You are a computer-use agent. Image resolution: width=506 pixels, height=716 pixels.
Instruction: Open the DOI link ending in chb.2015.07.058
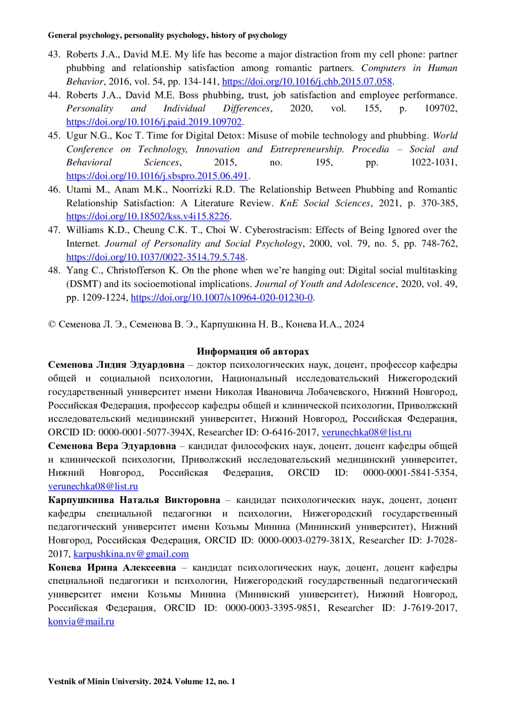pyautogui.click(x=307, y=81)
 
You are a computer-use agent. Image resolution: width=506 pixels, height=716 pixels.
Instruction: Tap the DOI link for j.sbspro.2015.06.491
pyautogui.click(x=157, y=176)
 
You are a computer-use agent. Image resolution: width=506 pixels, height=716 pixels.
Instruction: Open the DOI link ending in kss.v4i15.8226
pyautogui.click(x=148, y=216)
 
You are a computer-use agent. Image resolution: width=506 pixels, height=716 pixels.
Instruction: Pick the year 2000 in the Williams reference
pyautogui.click(x=320, y=243)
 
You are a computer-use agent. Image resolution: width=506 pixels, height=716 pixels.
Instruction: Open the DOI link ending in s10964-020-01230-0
pyautogui.click(x=222, y=297)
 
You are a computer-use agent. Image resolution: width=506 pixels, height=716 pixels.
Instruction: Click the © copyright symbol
pyautogui.click(x=52, y=324)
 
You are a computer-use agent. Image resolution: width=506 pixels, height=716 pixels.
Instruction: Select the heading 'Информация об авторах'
pyautogui.click(x=253, y=351)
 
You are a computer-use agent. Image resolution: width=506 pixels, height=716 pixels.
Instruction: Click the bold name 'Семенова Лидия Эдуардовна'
pyautogui.click(x=116, y=365)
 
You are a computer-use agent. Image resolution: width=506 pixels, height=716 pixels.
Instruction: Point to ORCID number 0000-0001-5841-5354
pyautogui.click(x=409, y=473)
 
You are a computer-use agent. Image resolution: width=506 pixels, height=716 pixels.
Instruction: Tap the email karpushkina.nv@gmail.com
pyautogui.click(x=131, y=554)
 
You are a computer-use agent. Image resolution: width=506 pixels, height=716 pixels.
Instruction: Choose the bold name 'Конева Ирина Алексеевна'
pyautogui.click(x=112, y=567)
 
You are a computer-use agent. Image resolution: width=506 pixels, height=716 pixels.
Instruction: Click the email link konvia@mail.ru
pyautogui.click(x=81, y=621)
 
